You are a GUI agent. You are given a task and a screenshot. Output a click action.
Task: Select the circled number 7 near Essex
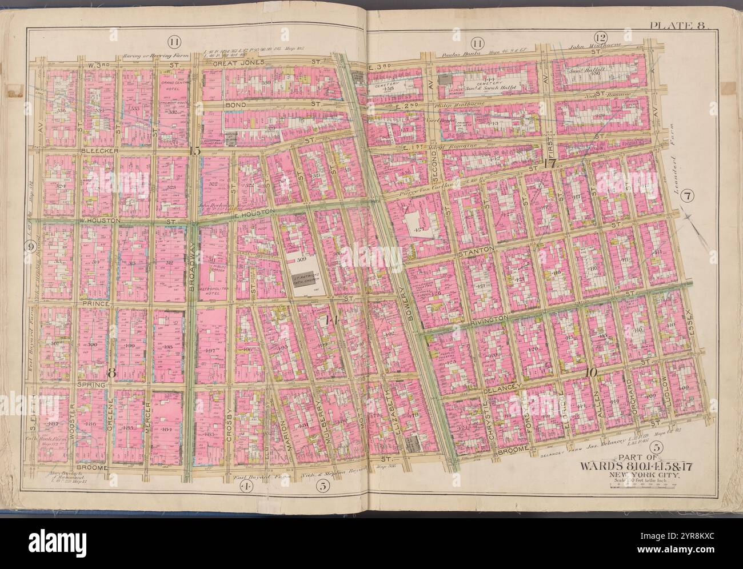pos(688,197)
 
